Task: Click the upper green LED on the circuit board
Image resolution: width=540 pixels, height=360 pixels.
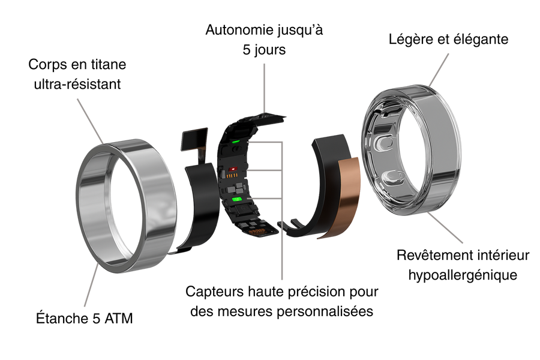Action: tap(236, 141)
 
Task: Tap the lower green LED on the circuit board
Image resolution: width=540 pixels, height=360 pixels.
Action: tap(237, 199)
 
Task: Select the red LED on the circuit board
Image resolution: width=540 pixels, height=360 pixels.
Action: tap(233, 169)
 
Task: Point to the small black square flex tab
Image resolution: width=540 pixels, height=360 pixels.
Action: tap(194, 139)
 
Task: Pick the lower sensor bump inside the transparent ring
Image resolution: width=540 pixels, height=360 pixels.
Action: tap(393, 177)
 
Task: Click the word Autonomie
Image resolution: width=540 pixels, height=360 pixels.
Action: tap(236, 30)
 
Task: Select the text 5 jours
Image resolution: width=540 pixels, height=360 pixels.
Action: tap(264, 50)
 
